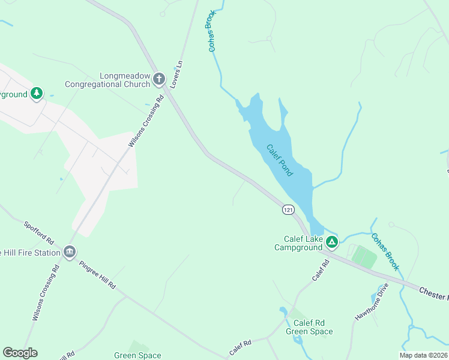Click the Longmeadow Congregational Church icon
click(159, 79)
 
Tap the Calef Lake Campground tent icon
click(331, 242)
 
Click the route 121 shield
click(289, 209)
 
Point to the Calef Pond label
click(279, 160)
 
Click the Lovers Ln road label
click(175, 74)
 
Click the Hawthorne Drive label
click(372, 301)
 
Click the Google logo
click(20, 353)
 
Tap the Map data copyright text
click(423, 355)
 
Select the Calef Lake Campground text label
click(298, 243)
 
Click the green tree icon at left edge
click(37, 94)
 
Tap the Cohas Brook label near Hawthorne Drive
click(385, 251)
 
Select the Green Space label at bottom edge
click(137, 355)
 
